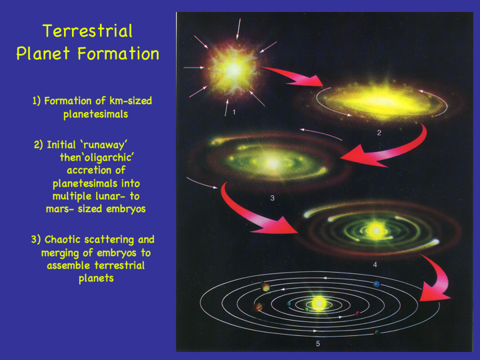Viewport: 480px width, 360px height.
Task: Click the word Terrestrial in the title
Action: pos(87,31)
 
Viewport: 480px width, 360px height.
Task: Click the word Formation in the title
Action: pos(118,53)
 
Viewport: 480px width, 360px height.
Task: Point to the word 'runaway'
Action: pos(105,145)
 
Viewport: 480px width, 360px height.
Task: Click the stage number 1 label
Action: pos(234,113)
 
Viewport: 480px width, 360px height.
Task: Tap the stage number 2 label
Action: pos(379,133)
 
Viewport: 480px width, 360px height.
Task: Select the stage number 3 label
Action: pos(273,198)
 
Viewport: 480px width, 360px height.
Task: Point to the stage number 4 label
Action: pos(375,265)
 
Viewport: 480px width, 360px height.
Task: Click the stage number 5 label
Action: pos(318,344)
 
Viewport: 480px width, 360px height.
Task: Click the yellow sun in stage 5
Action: pos(319,303)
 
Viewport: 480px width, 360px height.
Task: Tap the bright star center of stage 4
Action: pos(376,230)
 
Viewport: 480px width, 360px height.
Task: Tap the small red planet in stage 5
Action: pos(357,313)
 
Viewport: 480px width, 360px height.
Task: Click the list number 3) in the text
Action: pos(35,239)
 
